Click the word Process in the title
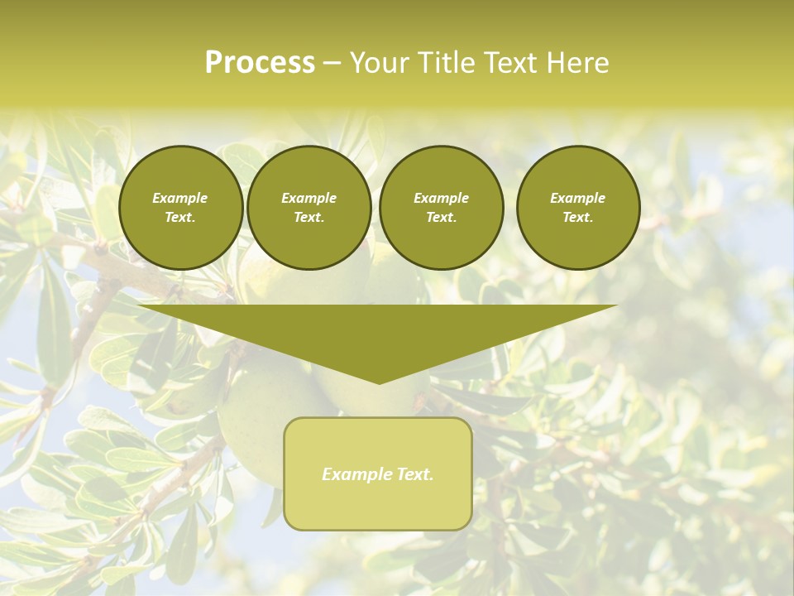(260, 63)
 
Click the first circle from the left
(181, 208)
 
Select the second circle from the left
(309, 208)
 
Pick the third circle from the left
(442, 208)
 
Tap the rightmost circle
(578, 208)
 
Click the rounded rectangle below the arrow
(378, 473)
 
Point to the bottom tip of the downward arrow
(379, 382)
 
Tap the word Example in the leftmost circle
(180, 198)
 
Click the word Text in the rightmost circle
(576, 218)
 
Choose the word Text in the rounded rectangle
(413, 474)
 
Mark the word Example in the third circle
(442, 198)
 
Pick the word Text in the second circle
(308, 218)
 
